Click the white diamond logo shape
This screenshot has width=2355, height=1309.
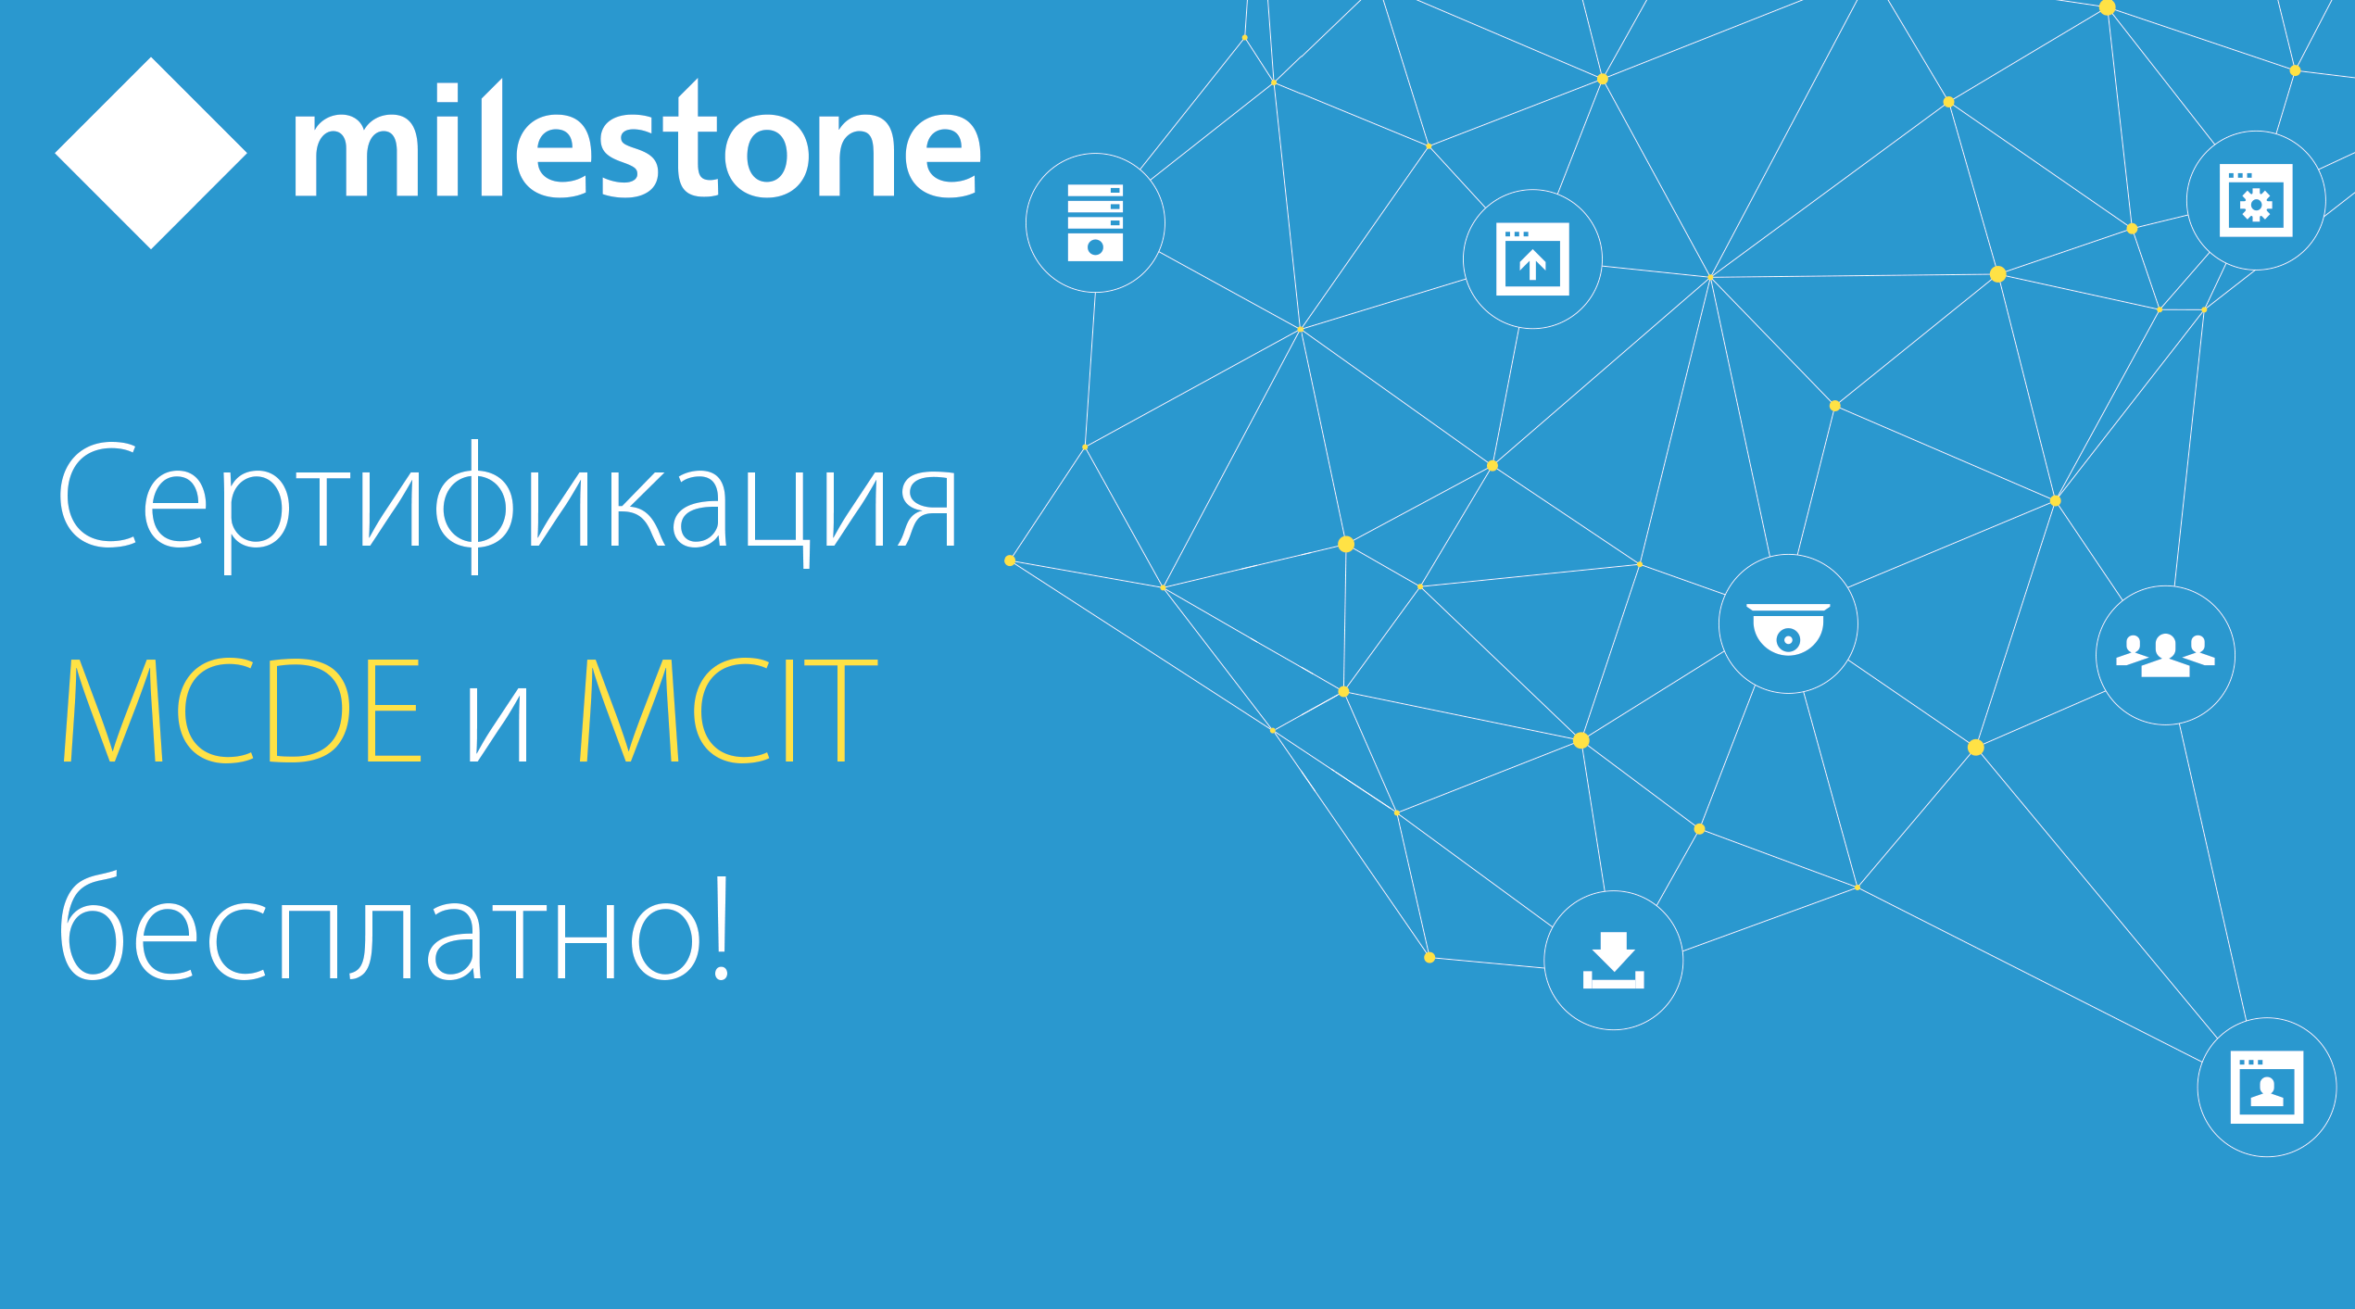(151, 153)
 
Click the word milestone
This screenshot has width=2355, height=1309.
(637, 140)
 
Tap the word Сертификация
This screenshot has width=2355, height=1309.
(508, 505)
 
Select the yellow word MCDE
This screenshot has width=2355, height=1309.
(243, 711)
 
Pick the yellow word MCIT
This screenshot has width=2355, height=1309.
(728, 711)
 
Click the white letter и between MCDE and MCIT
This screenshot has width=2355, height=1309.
(498, 725)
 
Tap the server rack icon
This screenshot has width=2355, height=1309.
(1095, 222)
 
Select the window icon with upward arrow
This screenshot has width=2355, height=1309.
(1532, 258)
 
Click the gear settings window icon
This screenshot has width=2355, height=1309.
(2256, 200)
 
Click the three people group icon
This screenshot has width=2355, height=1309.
(2165, 656)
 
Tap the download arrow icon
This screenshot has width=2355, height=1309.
(1614, 960)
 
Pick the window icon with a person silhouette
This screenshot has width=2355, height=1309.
(2267, 1087)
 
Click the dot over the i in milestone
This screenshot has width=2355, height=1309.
(447, 93)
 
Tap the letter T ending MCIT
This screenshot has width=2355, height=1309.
(841, 711)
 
